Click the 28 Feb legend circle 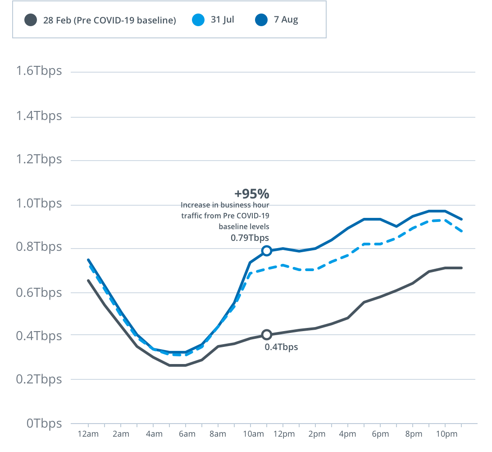[x=31, y=20]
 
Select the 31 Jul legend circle [x=198, y=20]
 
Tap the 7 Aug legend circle [x=261, y=20]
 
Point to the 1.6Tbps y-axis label [x=39, y=71]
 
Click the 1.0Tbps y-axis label [x=39, y=203]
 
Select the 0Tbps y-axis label [x=44, y=424]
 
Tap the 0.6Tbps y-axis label [x=39, y=292]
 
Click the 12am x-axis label [x=88, y=434]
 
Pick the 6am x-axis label [x=187, y=434]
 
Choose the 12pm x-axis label [x=284, y=434]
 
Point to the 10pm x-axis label [x=447, y=434]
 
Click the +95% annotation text [x=252, y=194]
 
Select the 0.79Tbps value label [x=250, y=238]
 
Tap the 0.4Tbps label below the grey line [x=282, y=347]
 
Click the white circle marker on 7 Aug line [x=267, y=251]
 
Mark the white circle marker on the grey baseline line [x=267, y=335]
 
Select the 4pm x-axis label [x=348, y=434]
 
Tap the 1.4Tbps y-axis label [x=39, y=116]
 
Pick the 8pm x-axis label [x=414, y=434]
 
